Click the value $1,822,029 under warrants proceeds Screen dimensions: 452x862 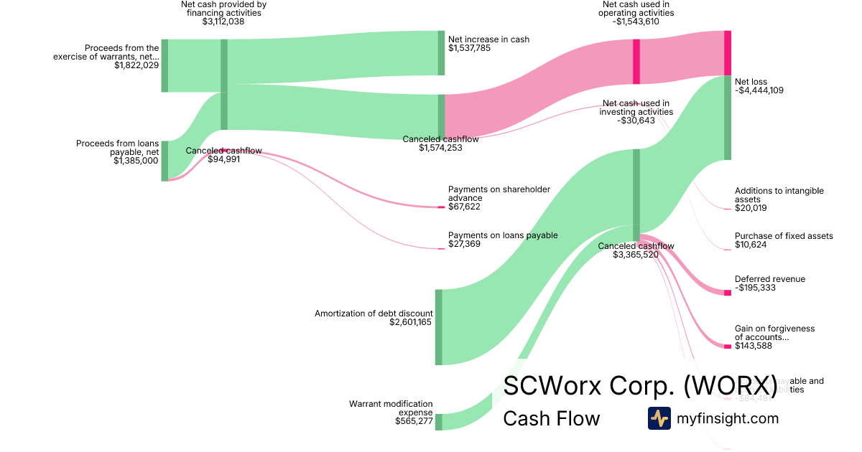(x=136, y=65)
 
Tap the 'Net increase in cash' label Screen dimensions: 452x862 (x=488, y=39)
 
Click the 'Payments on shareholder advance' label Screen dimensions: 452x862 (x=499, y=194)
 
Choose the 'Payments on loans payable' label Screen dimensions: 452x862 (x=503, y=235)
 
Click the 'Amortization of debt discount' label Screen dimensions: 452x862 (x=374, y=314)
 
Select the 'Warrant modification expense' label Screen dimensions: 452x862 (x=391, y=408)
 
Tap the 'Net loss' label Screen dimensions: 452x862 (x=751, y=81)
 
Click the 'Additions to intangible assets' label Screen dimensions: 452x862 (x=779, y=195)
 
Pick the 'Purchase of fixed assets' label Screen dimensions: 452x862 (x=784, y=236)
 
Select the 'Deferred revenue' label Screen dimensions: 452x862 (x=770, y=279)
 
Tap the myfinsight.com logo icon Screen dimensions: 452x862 (x=659, y=418)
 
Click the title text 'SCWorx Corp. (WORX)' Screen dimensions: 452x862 (x=640, y=386)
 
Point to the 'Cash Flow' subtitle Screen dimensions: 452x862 (x=551, y=418)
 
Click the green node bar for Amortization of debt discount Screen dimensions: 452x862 (x=438, y=327)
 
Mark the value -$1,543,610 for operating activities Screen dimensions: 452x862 (x=636, y=22)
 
